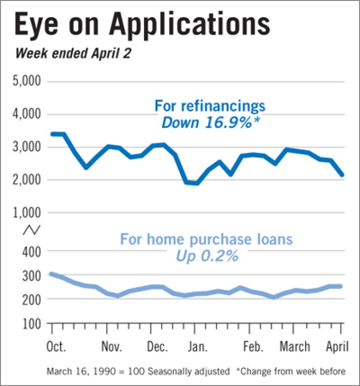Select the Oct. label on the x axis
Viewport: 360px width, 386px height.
pyautogui.click(x=56, y=347)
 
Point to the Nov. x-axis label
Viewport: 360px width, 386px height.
pyautogui.click(x=112, y=347)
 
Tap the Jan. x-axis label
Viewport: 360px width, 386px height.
pyautogui.click(x=197, y=347)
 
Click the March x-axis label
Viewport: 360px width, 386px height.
pyautogui.click(x=295, y=347)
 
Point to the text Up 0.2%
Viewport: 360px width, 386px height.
pyautogui.click(x=207, y=255)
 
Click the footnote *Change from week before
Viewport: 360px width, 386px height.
pyautogui.click(x=290, y=372)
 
